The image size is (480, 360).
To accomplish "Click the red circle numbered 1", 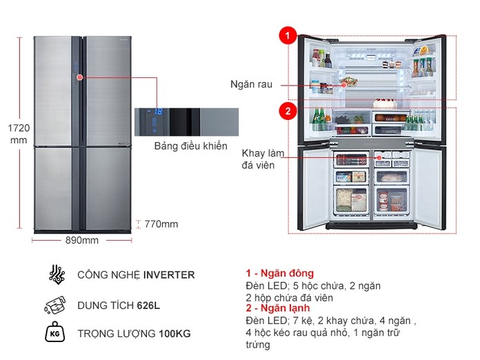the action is point(288,35).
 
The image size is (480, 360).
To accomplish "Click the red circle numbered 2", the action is point(288,111).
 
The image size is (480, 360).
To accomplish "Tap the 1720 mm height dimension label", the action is point(19,134).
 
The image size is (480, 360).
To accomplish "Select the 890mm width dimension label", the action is point(82,240).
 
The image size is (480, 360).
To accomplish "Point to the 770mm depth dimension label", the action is point(161,224).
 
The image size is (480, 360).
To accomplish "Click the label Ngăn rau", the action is point(251,84).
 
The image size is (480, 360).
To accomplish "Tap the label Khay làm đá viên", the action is point(263,159).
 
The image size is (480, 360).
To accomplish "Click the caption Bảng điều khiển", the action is point(191,146).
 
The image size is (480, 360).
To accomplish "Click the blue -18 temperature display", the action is point(155,112).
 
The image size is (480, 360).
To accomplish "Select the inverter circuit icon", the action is point(57,274).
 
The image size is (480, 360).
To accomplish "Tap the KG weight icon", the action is point(54,332).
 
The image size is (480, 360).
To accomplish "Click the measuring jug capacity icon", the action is point(55,306).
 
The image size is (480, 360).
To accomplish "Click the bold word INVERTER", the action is point(169,275).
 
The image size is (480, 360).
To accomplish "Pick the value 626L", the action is point(148,306).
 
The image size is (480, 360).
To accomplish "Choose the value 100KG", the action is point(174,333).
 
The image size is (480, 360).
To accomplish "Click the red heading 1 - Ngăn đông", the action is point(280,273).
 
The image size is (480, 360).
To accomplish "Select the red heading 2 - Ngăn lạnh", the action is point(278,308).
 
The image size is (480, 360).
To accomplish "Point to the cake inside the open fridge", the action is point(385,103).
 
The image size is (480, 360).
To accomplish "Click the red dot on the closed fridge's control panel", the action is point(80,77).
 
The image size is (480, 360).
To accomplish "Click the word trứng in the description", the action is point(258,345).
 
